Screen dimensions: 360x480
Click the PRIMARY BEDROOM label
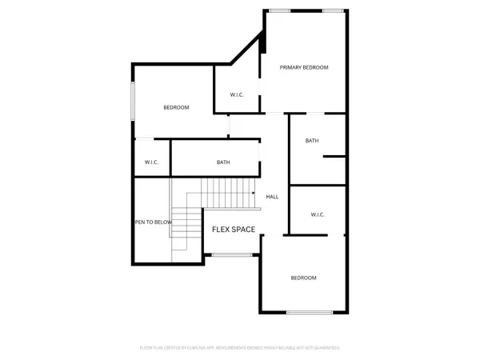point(304,67)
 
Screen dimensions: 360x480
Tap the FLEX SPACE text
point(233,230)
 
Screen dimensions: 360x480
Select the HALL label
point(272,196)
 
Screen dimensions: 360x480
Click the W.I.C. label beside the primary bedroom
point(237,95)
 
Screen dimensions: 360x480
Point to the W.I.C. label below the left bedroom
point(152,163)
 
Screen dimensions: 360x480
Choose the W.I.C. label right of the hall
point(317,214)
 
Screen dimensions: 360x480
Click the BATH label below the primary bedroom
point(312,141)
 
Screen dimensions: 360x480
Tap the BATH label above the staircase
point(223,163)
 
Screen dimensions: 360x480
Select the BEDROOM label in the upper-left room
point(176,107)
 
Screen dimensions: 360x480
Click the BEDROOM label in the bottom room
point(303,278)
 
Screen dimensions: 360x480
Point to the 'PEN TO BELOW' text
point(153,223)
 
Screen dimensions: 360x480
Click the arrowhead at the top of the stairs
point(253,194)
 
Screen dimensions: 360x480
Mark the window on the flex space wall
point(233,255)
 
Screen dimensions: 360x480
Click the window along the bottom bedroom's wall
point(311,312)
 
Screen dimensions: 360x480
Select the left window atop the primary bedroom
point(280,10)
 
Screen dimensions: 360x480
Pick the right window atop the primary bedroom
point(333,10)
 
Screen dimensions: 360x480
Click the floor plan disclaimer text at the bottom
point(240,348)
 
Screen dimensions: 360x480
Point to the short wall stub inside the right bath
point(334,157)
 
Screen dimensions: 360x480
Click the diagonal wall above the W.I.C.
point(246,50)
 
